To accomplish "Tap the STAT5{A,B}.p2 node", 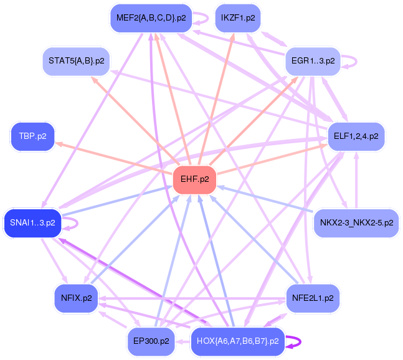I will click(76, 61).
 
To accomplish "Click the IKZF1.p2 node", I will click(237, 18).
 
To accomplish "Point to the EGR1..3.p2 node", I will click(313, 61).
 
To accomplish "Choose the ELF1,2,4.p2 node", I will click(356, 136).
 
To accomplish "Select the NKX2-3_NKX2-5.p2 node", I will click(356, 222).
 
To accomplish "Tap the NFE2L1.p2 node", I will click(312, 298).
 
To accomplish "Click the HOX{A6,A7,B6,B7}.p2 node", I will click(237, 341).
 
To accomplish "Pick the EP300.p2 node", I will click(151, 341).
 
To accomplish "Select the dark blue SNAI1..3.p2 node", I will click(32, 222).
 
